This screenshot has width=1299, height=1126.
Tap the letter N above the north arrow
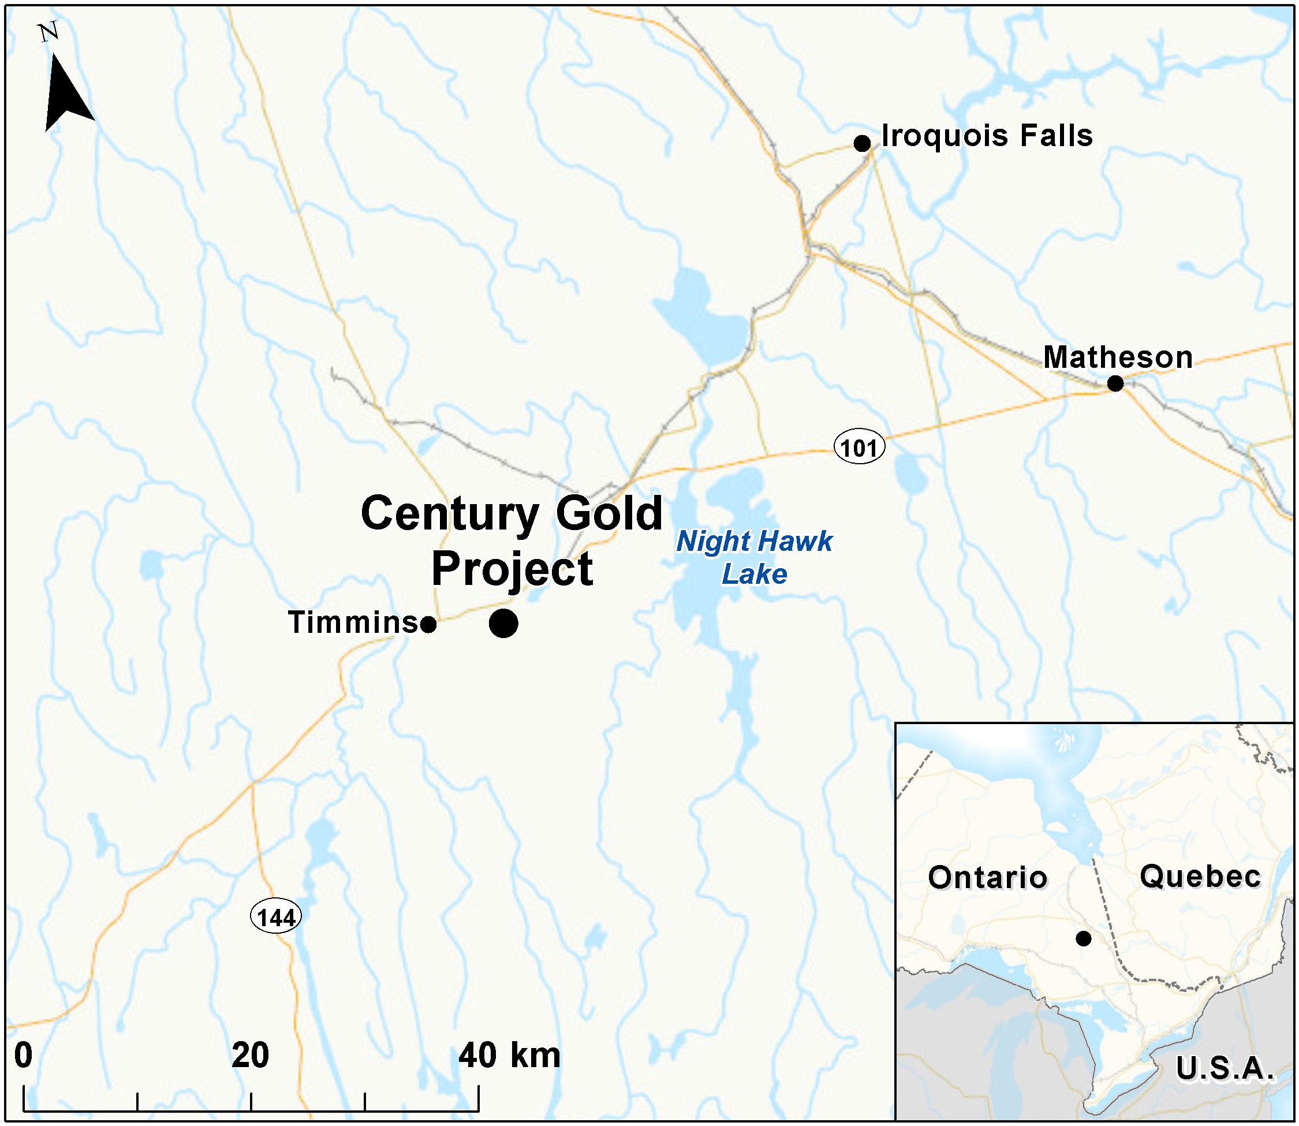click(49, 31)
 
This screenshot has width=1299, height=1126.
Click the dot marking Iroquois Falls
click(862, 143)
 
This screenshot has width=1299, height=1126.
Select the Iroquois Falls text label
click(986, 136)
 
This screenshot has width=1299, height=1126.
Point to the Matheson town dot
click(1115, 383)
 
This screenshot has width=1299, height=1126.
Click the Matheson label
click(1118, 357)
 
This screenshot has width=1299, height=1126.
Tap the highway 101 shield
click(858, 448)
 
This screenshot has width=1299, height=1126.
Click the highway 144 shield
click(276, 917)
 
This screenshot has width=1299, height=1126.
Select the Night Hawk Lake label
click(754, 557)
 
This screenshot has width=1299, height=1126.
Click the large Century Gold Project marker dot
click(503, 623)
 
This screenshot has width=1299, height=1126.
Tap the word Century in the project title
click(449, 514)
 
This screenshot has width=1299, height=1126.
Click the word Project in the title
click(512, 569)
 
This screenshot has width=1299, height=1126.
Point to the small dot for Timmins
click(428, 625)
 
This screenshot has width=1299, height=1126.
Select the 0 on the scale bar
click(24, 1055)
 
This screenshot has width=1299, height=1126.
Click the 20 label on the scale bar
click(250, 1055)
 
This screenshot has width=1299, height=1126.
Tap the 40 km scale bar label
click(509, 1055)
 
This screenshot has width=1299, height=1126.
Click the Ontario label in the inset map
click(987, 877)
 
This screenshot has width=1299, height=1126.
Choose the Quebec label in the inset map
click(1200, 876)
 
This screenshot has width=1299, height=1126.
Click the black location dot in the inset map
click(1083, 939)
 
